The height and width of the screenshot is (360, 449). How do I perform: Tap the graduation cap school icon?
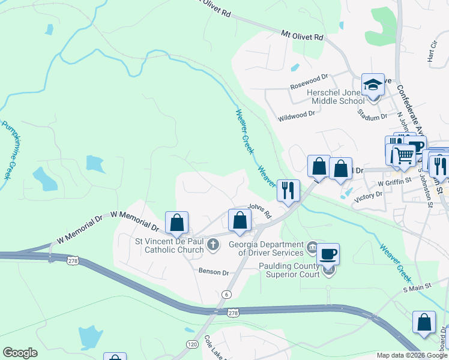coord(372,85)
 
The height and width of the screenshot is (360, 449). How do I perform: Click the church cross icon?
coord(212,245)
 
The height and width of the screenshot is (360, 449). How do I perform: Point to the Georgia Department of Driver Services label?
coord(266,248)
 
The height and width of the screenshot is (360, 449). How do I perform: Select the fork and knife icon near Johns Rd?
coord(288,190)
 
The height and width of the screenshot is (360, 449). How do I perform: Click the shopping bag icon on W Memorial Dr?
coord(177,223)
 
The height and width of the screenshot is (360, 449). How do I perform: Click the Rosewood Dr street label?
coord(309,77)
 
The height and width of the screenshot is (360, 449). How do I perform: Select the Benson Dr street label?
coord(214,272)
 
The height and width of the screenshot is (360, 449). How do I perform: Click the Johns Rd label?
coord(260,211)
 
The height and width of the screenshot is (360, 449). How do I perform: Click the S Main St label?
coord(418,289)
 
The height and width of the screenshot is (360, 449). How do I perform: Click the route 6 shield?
coord(226,294)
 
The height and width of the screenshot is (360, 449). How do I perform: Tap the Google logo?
coord(20,353)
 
